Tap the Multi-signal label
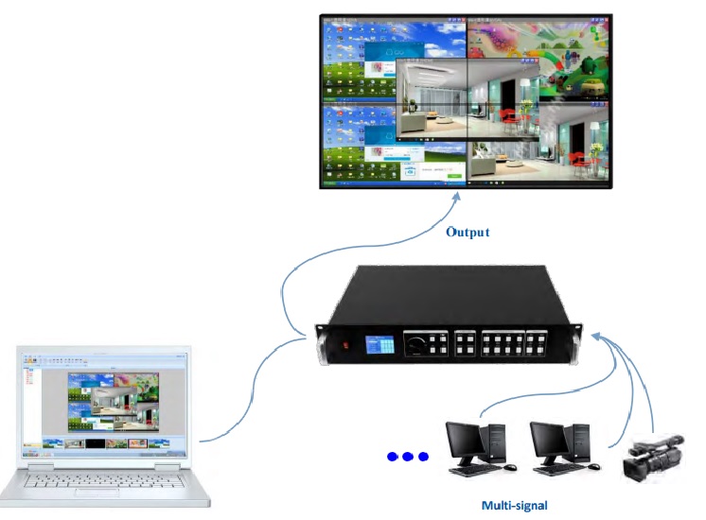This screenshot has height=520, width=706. (514, 505)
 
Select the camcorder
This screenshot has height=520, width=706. (653, 459)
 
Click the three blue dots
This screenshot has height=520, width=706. (408, 457)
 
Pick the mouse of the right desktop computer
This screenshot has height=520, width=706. (593, 468)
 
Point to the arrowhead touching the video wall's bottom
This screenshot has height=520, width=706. (458, 196)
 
